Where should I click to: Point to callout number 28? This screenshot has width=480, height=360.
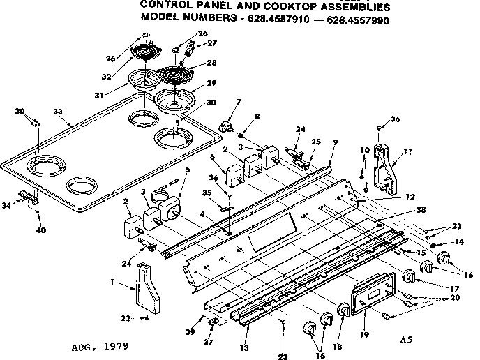[x=212, y=63]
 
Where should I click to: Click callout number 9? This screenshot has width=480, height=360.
[x=336, y=142]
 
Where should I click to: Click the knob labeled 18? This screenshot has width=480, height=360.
[x=343, y=310]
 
